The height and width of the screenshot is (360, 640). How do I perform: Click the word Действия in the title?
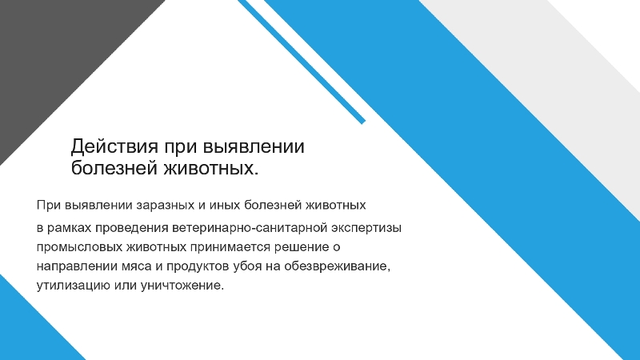tap(114, 147)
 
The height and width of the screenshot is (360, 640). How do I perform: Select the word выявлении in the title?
tap(254, 146)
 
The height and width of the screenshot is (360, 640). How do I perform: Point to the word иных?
tap(225, 205)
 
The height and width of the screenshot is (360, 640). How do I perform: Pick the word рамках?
tap(69, 228)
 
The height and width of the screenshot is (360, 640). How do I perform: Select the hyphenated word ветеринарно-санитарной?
tap(250, 228)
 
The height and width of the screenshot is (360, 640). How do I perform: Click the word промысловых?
tap(79, 247)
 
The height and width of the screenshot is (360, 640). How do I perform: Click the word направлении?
tap(77, 266)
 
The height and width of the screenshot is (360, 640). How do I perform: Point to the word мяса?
tap(137, 266)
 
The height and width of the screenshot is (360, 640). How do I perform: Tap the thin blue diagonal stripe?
tap(302, 62)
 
